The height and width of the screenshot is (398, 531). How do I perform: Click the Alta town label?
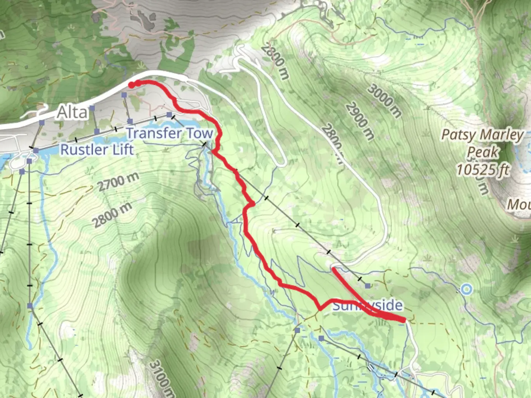click(72, 112)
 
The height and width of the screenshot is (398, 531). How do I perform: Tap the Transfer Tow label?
click(170, 133)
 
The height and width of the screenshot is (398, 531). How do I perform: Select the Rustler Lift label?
click(97, 150)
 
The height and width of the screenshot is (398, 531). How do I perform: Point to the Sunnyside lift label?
click(367, 306)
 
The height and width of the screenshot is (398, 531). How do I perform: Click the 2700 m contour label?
click(118, 182)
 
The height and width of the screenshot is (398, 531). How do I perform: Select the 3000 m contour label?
click(384, 101)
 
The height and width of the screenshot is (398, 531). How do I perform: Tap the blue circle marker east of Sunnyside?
click(466, 289)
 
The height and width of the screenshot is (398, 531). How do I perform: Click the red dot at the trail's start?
click(131, 85)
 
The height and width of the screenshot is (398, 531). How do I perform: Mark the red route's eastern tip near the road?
click(404, 320)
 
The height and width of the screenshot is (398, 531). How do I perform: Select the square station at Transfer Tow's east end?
click(169, 115)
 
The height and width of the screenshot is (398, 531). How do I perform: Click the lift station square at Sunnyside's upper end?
click(368, 286)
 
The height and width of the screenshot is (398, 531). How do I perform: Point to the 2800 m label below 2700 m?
click(112, 215)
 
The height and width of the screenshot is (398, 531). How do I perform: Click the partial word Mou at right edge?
click(519, 204)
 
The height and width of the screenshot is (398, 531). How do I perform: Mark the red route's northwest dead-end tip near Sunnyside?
click(334, 269)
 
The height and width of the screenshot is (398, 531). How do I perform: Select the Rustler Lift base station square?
click(36, 150)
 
